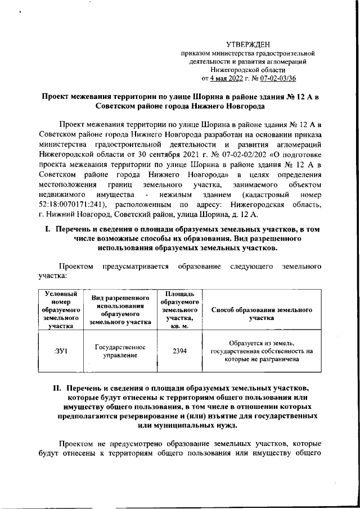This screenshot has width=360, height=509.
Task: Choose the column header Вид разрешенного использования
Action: (x=119, y=309)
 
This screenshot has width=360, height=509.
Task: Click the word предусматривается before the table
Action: (x=135, y=265)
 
